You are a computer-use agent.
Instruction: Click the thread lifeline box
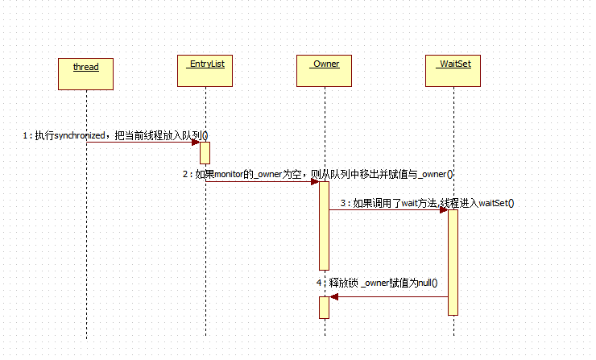(x=86, y=72)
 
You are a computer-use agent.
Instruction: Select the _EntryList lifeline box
(x=205, y=72)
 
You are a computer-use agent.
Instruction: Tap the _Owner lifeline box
(x=324, y=72)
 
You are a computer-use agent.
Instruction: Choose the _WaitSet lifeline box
(x=453, y=72)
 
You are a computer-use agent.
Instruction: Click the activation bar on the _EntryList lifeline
(x=205, y=152)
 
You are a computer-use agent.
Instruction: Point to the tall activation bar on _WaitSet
(x=453, y=262)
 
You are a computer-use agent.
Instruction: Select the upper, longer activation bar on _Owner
(x=324, y=226)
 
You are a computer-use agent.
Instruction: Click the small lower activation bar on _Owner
(x=324, y=307)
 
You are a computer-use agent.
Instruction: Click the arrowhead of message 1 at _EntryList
(x=196, y=143)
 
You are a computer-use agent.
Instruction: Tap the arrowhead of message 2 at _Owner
(x=315, y=181)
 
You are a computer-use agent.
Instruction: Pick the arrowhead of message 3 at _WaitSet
(x=444, y=210)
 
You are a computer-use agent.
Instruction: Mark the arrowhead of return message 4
(x=333, y=296)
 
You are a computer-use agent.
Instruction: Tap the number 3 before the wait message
(x=344, y=204)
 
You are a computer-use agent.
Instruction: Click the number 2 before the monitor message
(x=185, y=174)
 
